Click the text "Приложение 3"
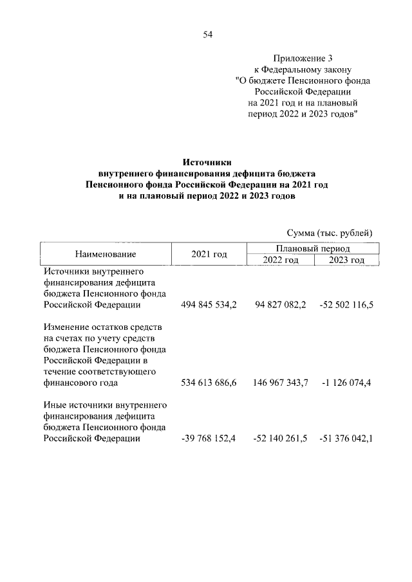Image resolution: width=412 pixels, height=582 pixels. [303, 58]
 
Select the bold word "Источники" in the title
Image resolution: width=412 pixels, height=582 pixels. [207, 163]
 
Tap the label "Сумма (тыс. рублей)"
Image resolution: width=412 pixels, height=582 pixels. [329, 232]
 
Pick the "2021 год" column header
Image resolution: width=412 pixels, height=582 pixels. [210, 254]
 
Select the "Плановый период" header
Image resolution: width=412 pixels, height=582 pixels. [314, 248]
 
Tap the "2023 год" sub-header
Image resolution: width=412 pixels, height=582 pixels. [346, 260]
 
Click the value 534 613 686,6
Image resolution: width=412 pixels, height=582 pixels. [210, 383]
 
